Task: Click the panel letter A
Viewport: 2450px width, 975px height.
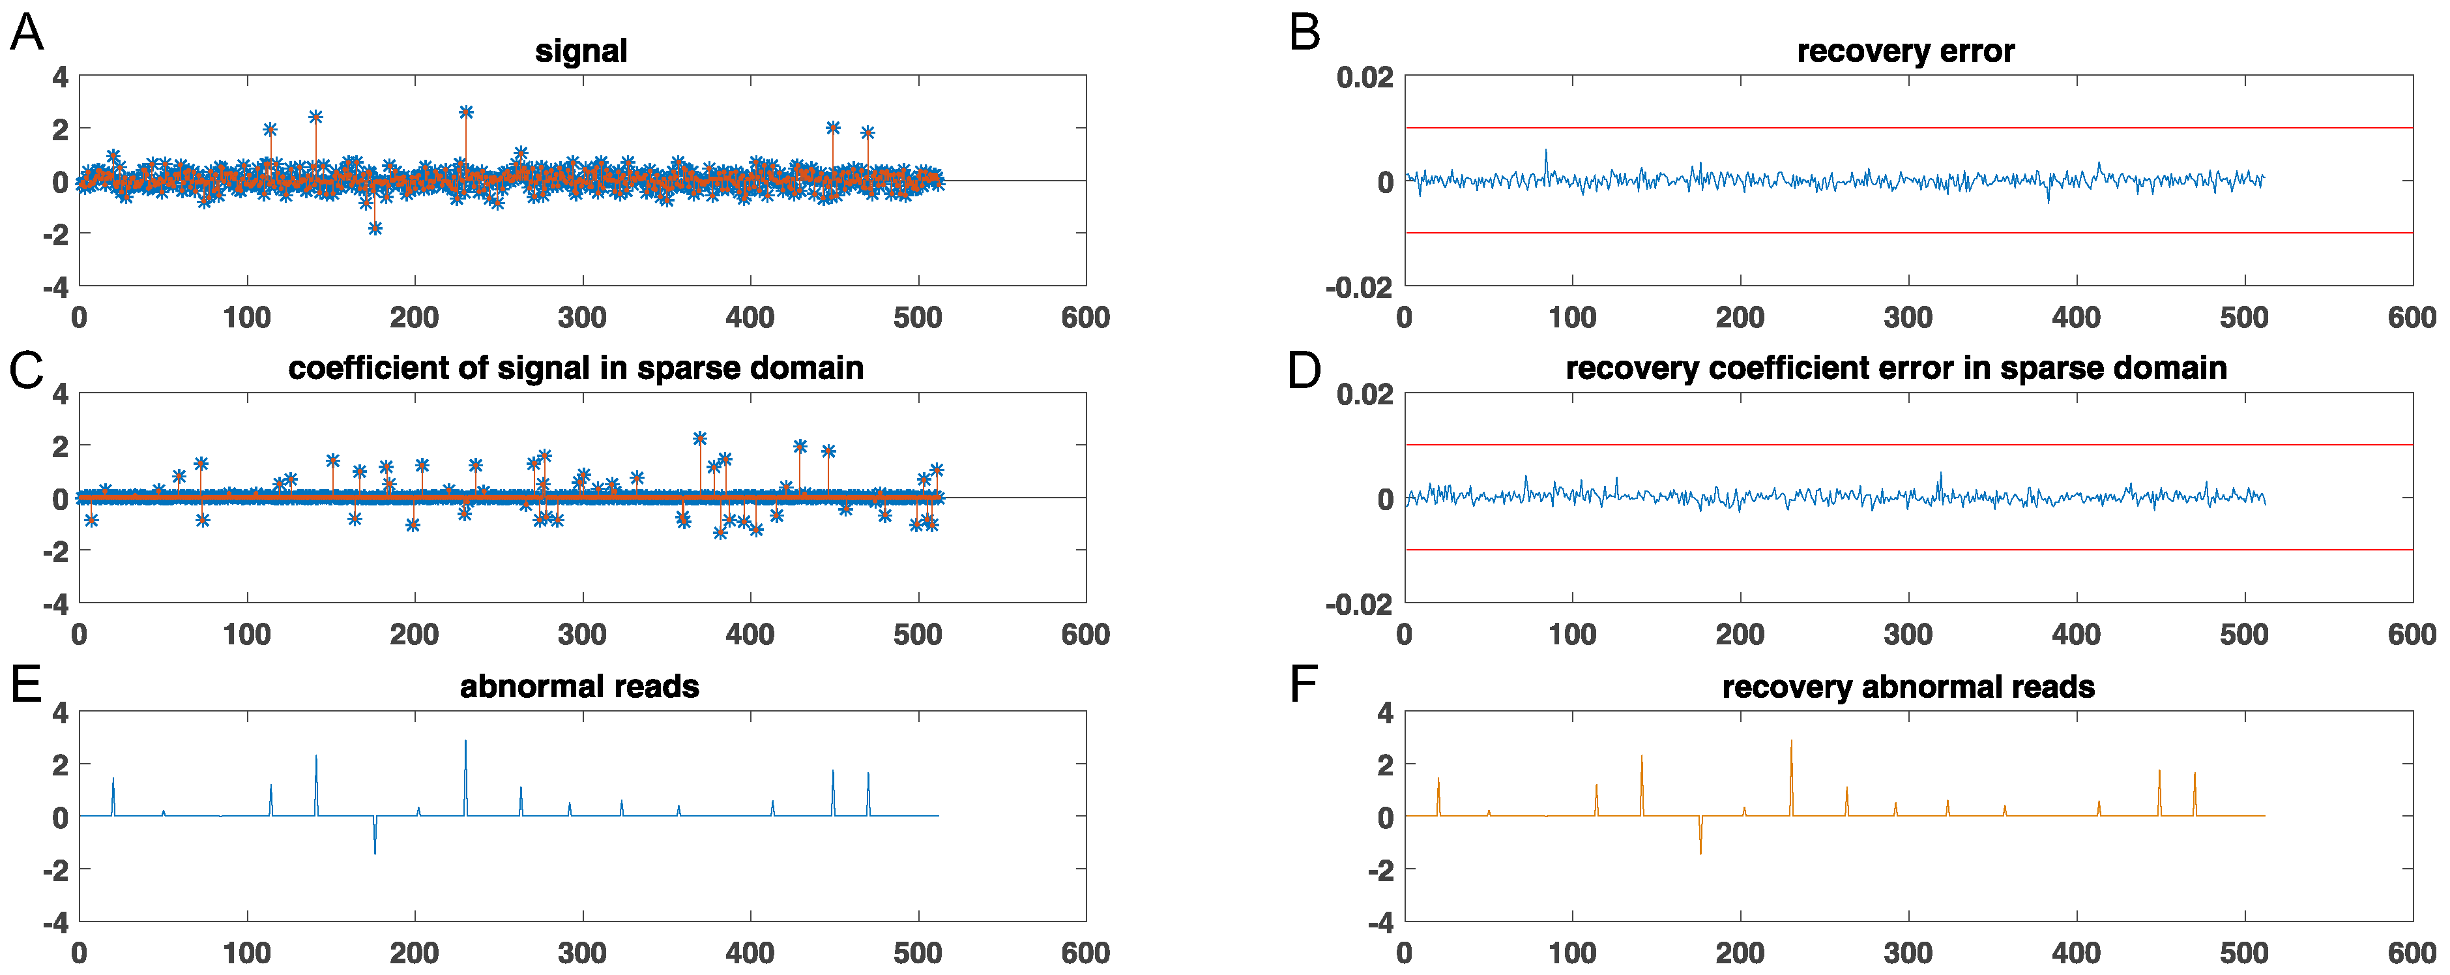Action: (27, 33)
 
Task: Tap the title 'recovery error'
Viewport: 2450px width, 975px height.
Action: (1905, 52)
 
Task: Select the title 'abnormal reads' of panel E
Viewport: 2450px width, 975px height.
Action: (579, 686)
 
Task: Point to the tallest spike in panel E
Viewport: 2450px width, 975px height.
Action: (465, 743)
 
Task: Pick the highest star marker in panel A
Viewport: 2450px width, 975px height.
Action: (466, 112)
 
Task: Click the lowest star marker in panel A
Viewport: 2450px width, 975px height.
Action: (375, 228)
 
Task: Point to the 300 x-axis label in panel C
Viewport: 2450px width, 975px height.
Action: (582, 635)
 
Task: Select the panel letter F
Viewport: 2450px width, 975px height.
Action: (1302, 685)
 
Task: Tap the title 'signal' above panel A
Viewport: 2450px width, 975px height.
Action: (580, 52)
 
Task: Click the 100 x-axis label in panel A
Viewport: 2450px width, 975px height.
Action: (247, 317)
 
